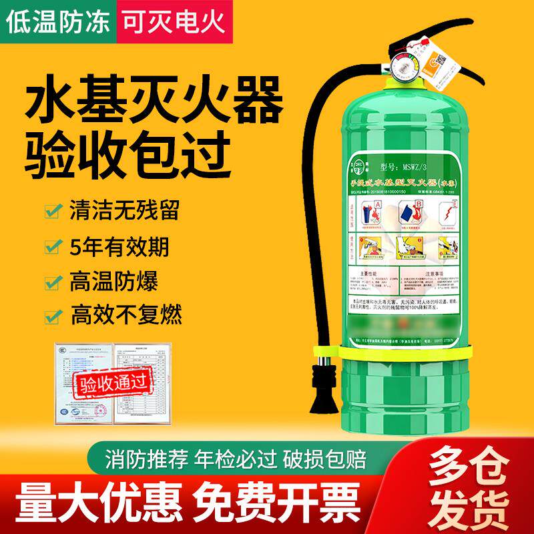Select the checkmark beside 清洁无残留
click(51, 212)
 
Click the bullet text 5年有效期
click(119, 246)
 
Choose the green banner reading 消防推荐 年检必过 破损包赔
click(247, 460)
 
